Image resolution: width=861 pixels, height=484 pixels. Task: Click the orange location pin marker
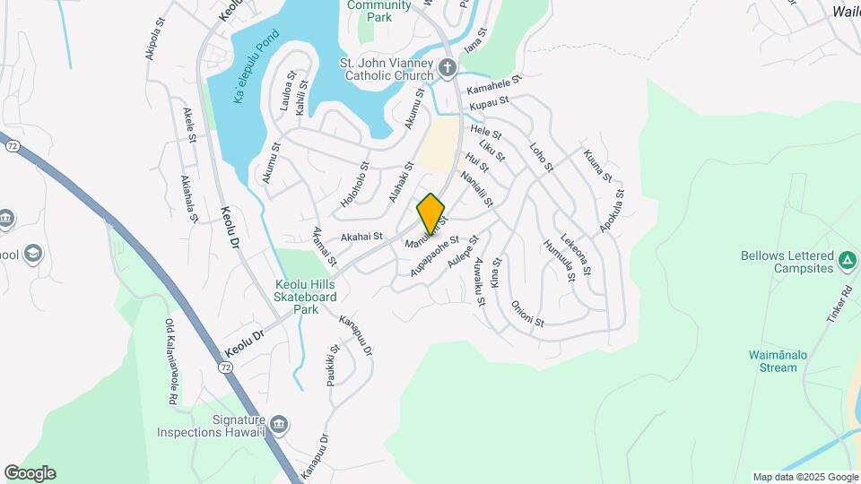pos(430,213)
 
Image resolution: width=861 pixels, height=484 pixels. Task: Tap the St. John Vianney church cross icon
pos(448,68)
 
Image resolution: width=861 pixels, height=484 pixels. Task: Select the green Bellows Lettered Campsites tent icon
pos(848,262)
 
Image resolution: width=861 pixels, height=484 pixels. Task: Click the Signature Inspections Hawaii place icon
pos(278,424)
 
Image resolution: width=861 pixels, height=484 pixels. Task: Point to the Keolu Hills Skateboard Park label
pos(306,297)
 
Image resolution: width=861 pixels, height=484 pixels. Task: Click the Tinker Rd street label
pos(839,305)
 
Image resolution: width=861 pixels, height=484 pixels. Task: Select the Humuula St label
pos(558,260)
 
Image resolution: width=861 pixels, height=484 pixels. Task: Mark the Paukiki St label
pos(334,364)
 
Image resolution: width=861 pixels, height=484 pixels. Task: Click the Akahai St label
pos(361,237)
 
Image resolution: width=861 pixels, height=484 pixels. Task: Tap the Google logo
pos(30,473)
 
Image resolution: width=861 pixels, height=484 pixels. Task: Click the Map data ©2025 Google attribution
pos(805,477)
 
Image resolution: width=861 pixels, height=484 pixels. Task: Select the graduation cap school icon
pos(33,254)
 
